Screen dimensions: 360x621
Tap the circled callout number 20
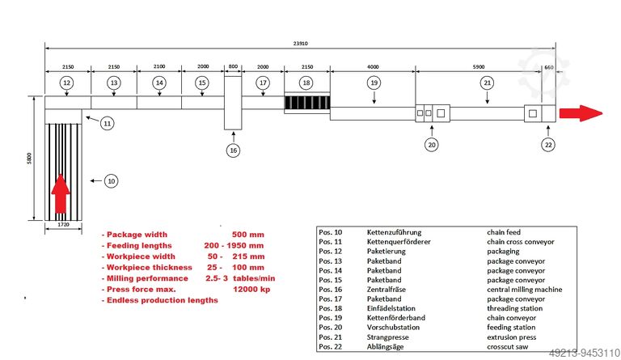click(431, 145)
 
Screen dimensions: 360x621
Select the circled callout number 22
click(548, 145)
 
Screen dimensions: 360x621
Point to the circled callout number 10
click(112, 181)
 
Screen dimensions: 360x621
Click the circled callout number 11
click(107, 124)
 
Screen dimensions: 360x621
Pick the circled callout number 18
click(306, 83)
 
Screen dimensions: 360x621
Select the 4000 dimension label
click(373, 68)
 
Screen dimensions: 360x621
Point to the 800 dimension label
click(234, 68)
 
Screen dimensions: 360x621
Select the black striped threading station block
click(306, 104)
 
